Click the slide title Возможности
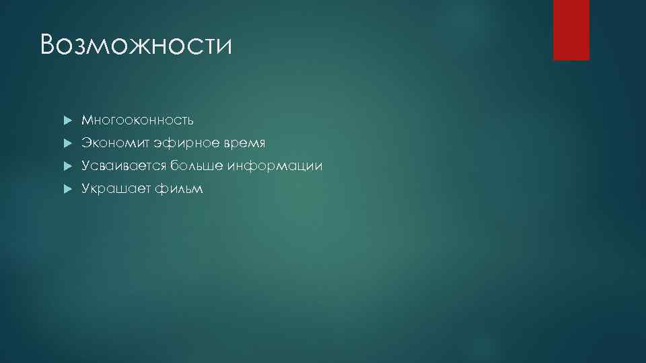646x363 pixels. tap(135, 46)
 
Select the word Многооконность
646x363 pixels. tap(138, 120)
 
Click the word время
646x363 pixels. tap(244, 144)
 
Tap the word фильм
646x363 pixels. tap(178, 189)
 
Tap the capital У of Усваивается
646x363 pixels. tap(85, 166)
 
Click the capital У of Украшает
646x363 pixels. tap(85, 189)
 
